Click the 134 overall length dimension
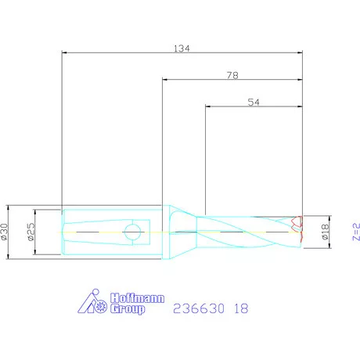pos(182,49)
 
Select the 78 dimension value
pos(232,75)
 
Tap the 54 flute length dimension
pos(254,102)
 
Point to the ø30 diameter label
pos(5,232)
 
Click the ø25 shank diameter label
pos(31,232)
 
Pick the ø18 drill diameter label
pos(325,232)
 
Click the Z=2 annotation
pos(356,232)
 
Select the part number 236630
pos(199,308)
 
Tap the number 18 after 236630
pos(241,308)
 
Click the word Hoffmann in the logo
pos(137,298)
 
